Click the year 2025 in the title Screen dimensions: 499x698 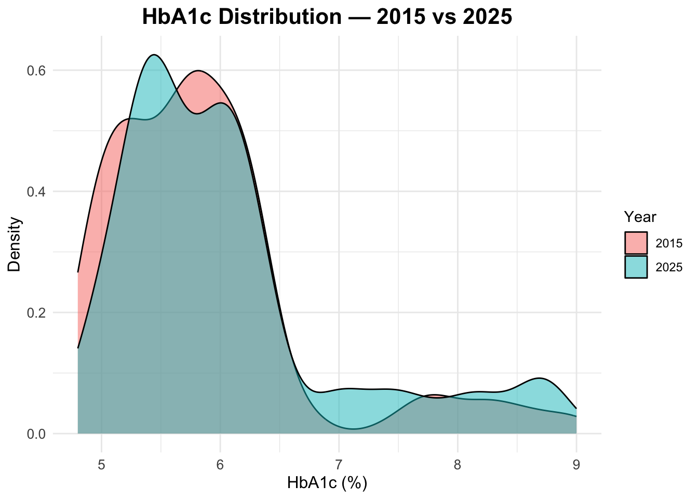click(484, 17)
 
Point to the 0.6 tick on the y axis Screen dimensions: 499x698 click(36, 70)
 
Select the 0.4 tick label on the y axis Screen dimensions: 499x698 click(36, 191)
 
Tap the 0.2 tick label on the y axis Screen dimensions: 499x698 click(36, 312)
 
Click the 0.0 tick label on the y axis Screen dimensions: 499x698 click(36, 434)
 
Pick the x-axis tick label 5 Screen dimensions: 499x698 click(101, 464)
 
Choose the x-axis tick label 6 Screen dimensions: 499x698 click(220, 464)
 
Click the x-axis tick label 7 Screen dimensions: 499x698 click(339, 464)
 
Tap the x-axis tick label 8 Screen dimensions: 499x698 click(458, 464)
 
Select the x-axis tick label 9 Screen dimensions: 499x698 click(576, 464)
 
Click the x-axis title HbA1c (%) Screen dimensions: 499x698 click(327, 483)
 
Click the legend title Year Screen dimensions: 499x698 click(640, 217)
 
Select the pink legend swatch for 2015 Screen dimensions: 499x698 click(636, 243)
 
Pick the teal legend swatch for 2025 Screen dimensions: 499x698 click(636, 267)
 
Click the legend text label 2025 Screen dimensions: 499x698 click(669, 267)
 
